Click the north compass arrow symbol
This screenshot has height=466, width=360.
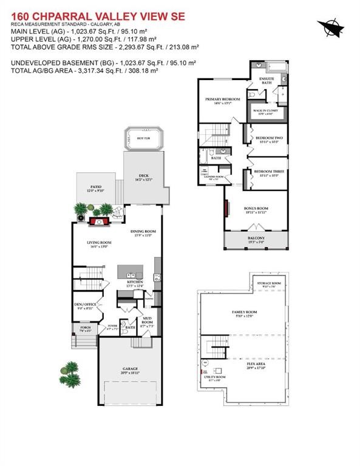pyautogui.click(x=330, y=26)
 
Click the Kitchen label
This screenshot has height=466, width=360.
pyautogui.click(x=134, y=283)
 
